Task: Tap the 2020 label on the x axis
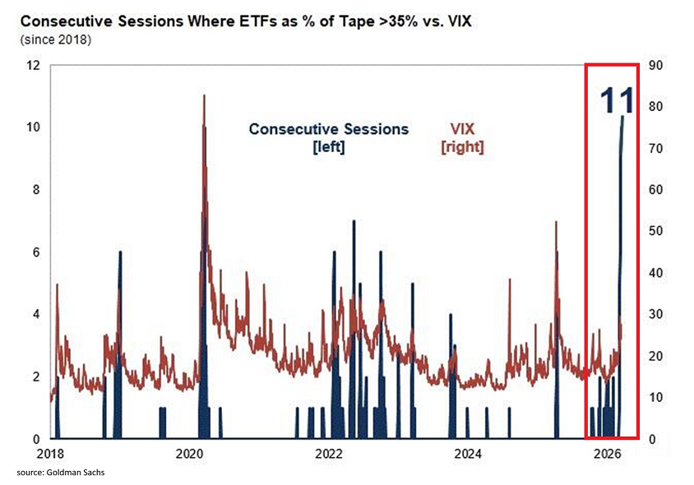190,454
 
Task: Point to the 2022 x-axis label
329,454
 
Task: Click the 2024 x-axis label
468,454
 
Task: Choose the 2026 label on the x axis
607,454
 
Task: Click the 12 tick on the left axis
34,65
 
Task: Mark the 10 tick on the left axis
34,127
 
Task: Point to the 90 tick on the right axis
655,65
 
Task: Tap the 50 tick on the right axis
655,231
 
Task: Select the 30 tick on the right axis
655,314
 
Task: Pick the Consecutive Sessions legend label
328,130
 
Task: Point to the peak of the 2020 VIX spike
203,95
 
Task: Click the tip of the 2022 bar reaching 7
354,222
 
